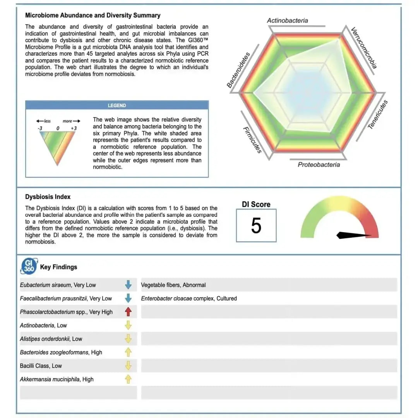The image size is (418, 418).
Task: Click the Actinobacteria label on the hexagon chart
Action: coord(288,21)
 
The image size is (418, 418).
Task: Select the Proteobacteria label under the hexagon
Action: coord(319,165)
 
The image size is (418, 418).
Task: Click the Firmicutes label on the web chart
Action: coord(252,140)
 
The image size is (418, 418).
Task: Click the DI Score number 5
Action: coord(256,226)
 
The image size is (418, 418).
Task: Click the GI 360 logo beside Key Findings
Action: coord(29,266)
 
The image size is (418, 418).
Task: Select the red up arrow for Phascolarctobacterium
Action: coord(128,312)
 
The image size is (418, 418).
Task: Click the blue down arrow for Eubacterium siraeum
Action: coord(128,285)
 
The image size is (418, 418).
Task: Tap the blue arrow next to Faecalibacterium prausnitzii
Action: coord(128,298)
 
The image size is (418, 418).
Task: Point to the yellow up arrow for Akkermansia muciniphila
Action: coord(128,379)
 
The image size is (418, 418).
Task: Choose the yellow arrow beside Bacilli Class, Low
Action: coord(128,366)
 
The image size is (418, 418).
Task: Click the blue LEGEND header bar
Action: coord(117,105)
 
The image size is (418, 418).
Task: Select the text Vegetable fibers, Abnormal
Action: coord(173,285)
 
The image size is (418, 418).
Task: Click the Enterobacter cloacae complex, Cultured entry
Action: coord(189,298)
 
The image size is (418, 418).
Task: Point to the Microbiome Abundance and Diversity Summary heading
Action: coord(93,15)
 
